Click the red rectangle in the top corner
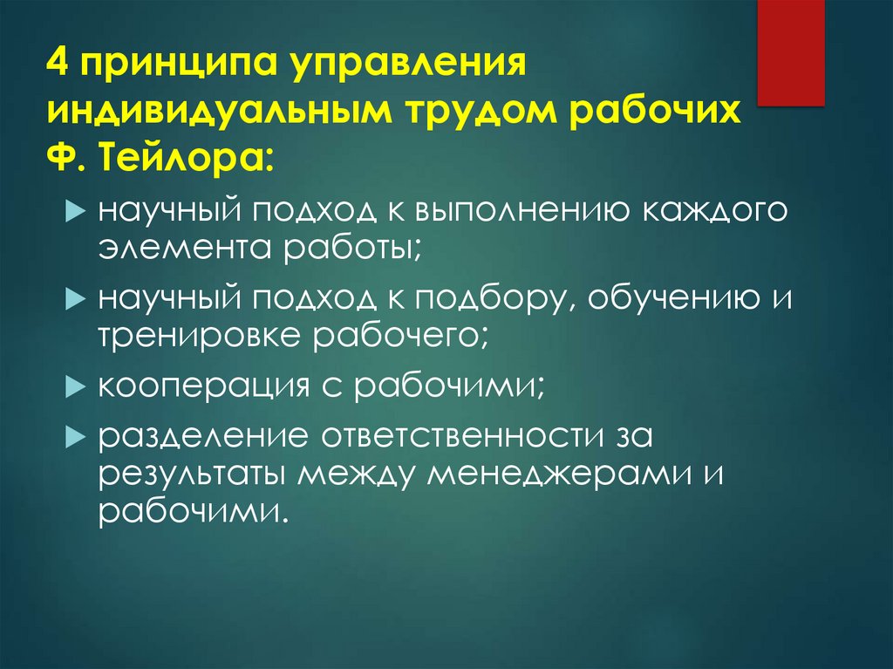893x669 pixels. point(790,52)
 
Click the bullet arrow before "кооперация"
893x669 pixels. point(75,386)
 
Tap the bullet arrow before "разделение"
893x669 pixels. point(75,434)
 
